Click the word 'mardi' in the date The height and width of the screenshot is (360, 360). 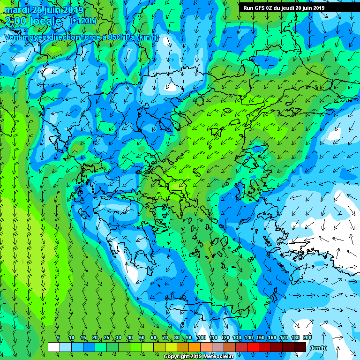tap(16, 10)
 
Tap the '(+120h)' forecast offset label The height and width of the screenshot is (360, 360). tap(83, 21)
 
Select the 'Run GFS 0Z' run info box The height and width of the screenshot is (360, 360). tap(287, 7)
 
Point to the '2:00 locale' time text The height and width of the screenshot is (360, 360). tap(34, 21)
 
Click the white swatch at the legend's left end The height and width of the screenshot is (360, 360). tap(54, 347)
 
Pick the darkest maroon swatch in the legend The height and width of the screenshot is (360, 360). tap(300, 347)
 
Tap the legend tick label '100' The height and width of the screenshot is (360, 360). tap(202, 337)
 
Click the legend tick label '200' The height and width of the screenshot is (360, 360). tap(307, 337)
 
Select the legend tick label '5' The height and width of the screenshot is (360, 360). tap(58, 337)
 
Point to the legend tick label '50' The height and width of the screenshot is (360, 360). tap(142, 337)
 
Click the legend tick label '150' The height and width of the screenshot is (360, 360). tap(260, 337)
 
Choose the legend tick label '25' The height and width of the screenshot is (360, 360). tap(106, 337)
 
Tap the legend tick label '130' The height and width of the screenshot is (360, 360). tap(237, 337)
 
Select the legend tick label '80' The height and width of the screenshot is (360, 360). tap(177, 337)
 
